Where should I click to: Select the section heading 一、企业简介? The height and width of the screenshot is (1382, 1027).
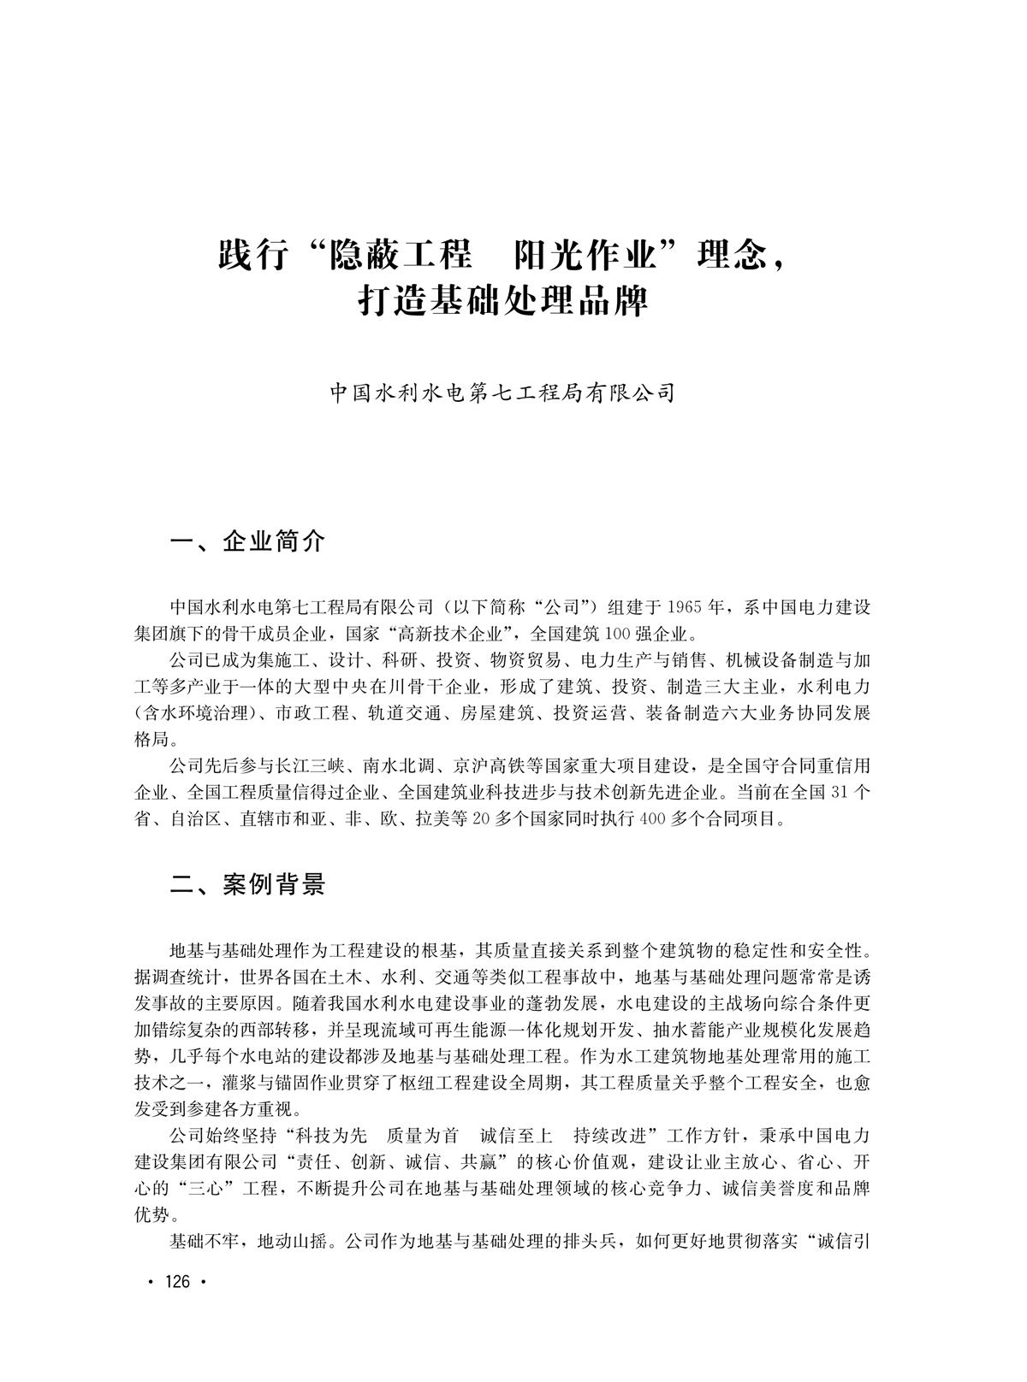click(248, 541)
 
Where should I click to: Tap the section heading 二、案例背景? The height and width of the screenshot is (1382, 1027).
click(248, 885)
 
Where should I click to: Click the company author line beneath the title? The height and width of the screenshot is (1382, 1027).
click(503, 393)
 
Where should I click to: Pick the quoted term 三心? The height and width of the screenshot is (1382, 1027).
click(205, 1189)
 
